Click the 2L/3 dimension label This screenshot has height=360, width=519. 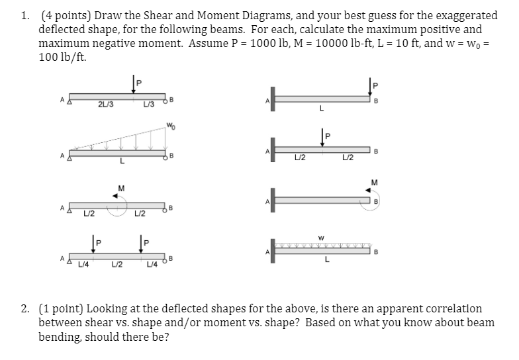click(105, 105)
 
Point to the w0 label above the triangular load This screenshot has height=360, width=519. click(171, 124)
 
